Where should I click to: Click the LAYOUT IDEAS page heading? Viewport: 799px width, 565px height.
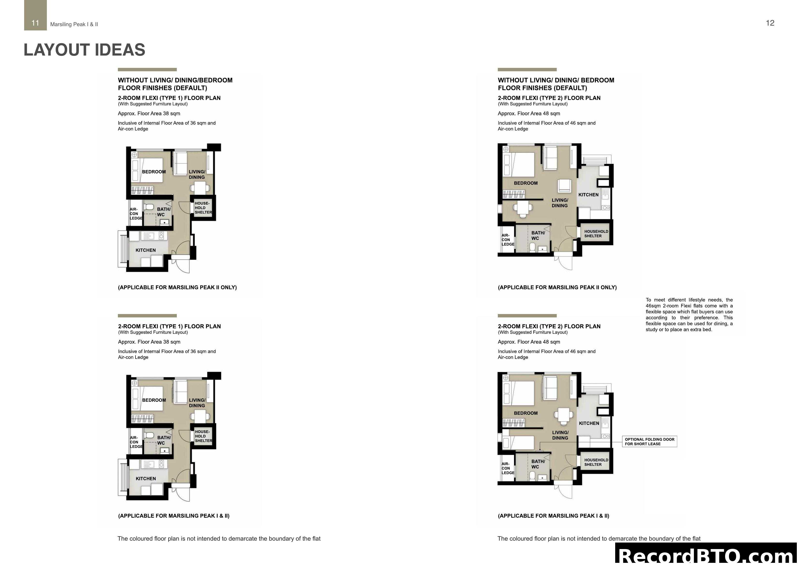[x=84, y=50]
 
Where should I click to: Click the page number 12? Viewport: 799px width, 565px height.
[x=770, y=23]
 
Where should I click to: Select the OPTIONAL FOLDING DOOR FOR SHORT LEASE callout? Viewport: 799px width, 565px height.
[x=649, y=441]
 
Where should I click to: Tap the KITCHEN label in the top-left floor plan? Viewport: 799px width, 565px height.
[x=145, y=250]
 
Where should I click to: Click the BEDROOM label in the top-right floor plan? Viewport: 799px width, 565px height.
[x=526, y=183]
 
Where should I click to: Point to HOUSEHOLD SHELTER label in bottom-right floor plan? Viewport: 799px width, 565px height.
[x=596, y=462]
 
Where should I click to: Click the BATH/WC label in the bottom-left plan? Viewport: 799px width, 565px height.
[x=164, y=440]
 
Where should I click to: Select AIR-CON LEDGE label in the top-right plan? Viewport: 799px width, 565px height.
[x=507, y=240]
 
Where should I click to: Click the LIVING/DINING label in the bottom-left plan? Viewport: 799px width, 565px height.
[x=197, y=403]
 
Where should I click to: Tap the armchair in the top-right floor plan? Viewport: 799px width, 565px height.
[x=564, y=186]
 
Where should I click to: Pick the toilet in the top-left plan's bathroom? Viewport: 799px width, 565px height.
[x=150, y=207]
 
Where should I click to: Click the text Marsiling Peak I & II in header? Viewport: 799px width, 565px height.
[x=74, y=24]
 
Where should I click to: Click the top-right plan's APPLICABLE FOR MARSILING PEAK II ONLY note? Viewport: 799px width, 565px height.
[x=557, y=287]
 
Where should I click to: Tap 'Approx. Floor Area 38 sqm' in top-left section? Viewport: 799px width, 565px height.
[x=149, y=114]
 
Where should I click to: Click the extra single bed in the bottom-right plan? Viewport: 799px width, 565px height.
[x=519, y=443]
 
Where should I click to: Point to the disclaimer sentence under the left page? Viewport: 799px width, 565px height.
[x=219, y=538]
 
